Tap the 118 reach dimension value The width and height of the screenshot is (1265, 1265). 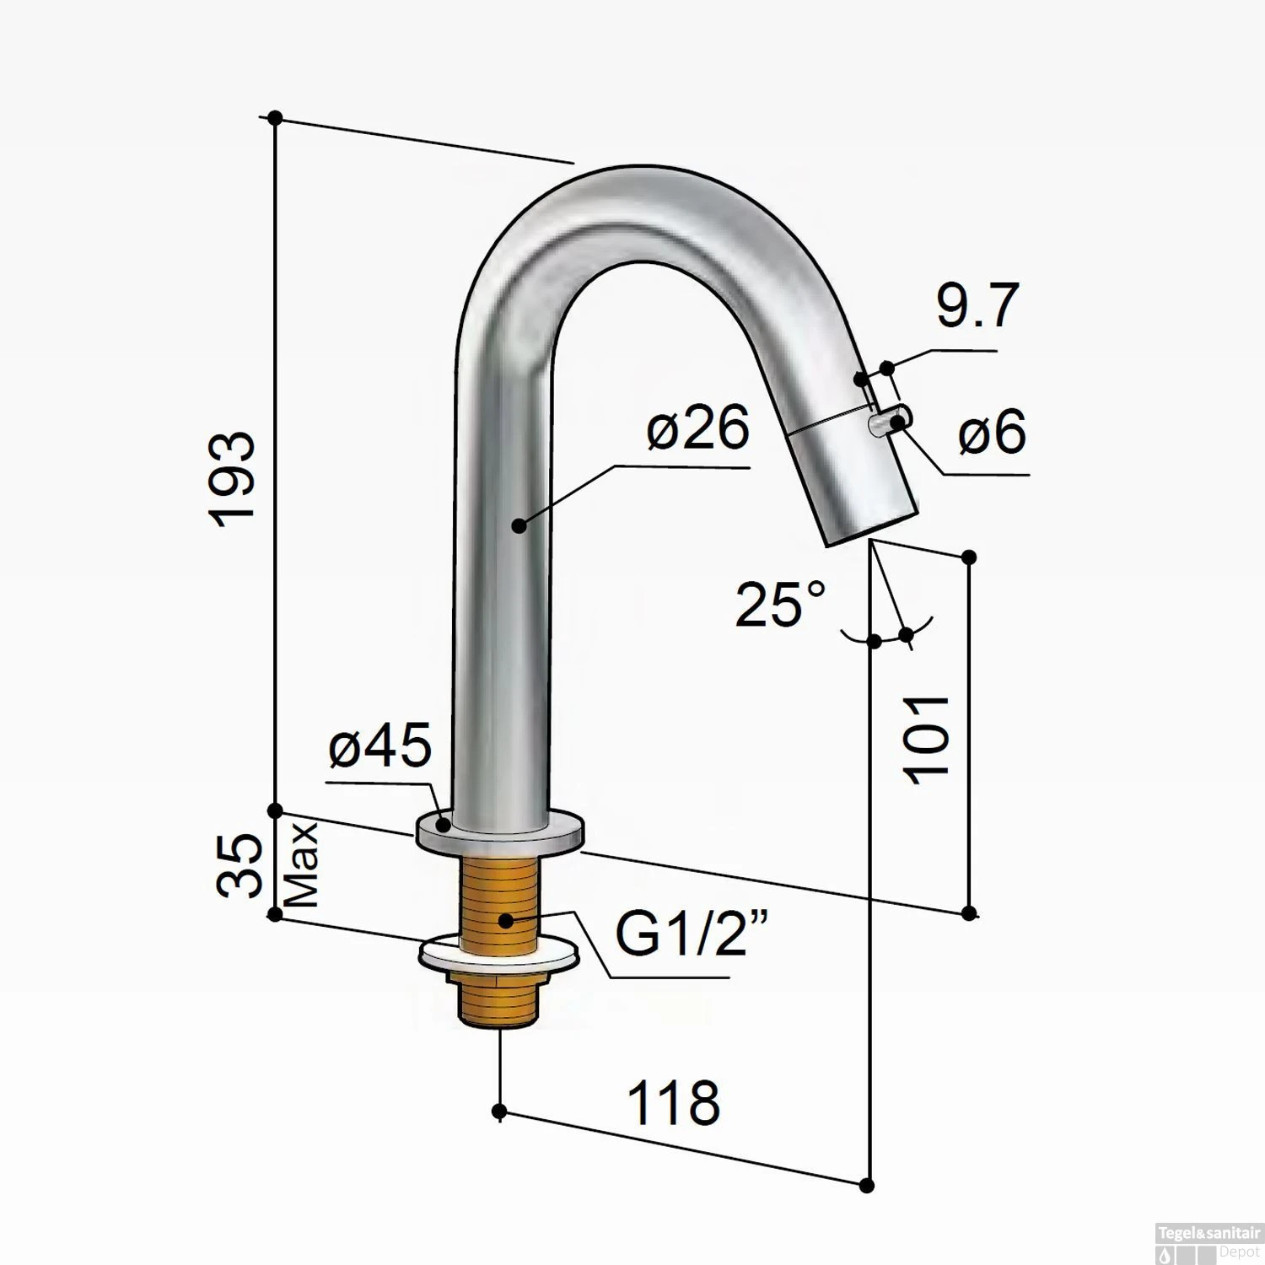coord(673,1102)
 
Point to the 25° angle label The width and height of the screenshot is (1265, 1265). coord(780,604)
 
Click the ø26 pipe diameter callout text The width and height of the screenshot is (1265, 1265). coord(697,428)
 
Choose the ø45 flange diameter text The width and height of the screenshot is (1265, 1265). coord(380,746)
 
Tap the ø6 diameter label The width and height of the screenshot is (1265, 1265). coord(992,431)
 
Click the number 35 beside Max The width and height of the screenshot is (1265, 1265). coord(237,866)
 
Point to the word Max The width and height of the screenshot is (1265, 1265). coord(302,865)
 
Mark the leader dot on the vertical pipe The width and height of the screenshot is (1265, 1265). coord(519,525)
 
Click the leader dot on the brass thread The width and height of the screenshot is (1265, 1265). coord(505,920)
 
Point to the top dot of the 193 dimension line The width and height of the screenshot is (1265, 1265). coord(274,118)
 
